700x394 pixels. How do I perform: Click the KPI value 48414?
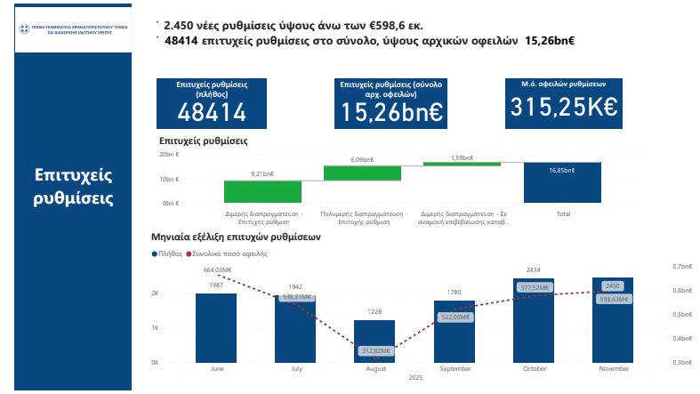click(212, 112)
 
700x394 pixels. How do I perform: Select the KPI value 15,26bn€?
click(391, 112)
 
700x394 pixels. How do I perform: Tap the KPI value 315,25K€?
click(563, 107)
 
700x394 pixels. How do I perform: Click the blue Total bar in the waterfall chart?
click(562, 182)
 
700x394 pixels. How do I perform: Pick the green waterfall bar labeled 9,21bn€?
click(262, 191)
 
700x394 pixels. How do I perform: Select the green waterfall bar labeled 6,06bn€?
click(362, 173)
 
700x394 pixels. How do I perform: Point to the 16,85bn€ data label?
click(561, 170)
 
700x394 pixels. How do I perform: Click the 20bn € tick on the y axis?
click(169, 155)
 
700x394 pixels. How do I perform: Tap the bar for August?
click(374, 342)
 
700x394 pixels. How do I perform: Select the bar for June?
click(216, 327)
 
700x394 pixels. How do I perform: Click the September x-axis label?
click(455, 369)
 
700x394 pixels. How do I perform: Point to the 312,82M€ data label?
click(374, 351)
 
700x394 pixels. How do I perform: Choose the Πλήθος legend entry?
click(169, 254)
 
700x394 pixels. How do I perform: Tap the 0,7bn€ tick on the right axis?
click(682, 266)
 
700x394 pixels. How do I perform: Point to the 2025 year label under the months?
click(414, 378)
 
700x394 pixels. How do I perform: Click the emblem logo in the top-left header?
click(24, 29)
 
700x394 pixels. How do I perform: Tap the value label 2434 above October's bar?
click(534, 269)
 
